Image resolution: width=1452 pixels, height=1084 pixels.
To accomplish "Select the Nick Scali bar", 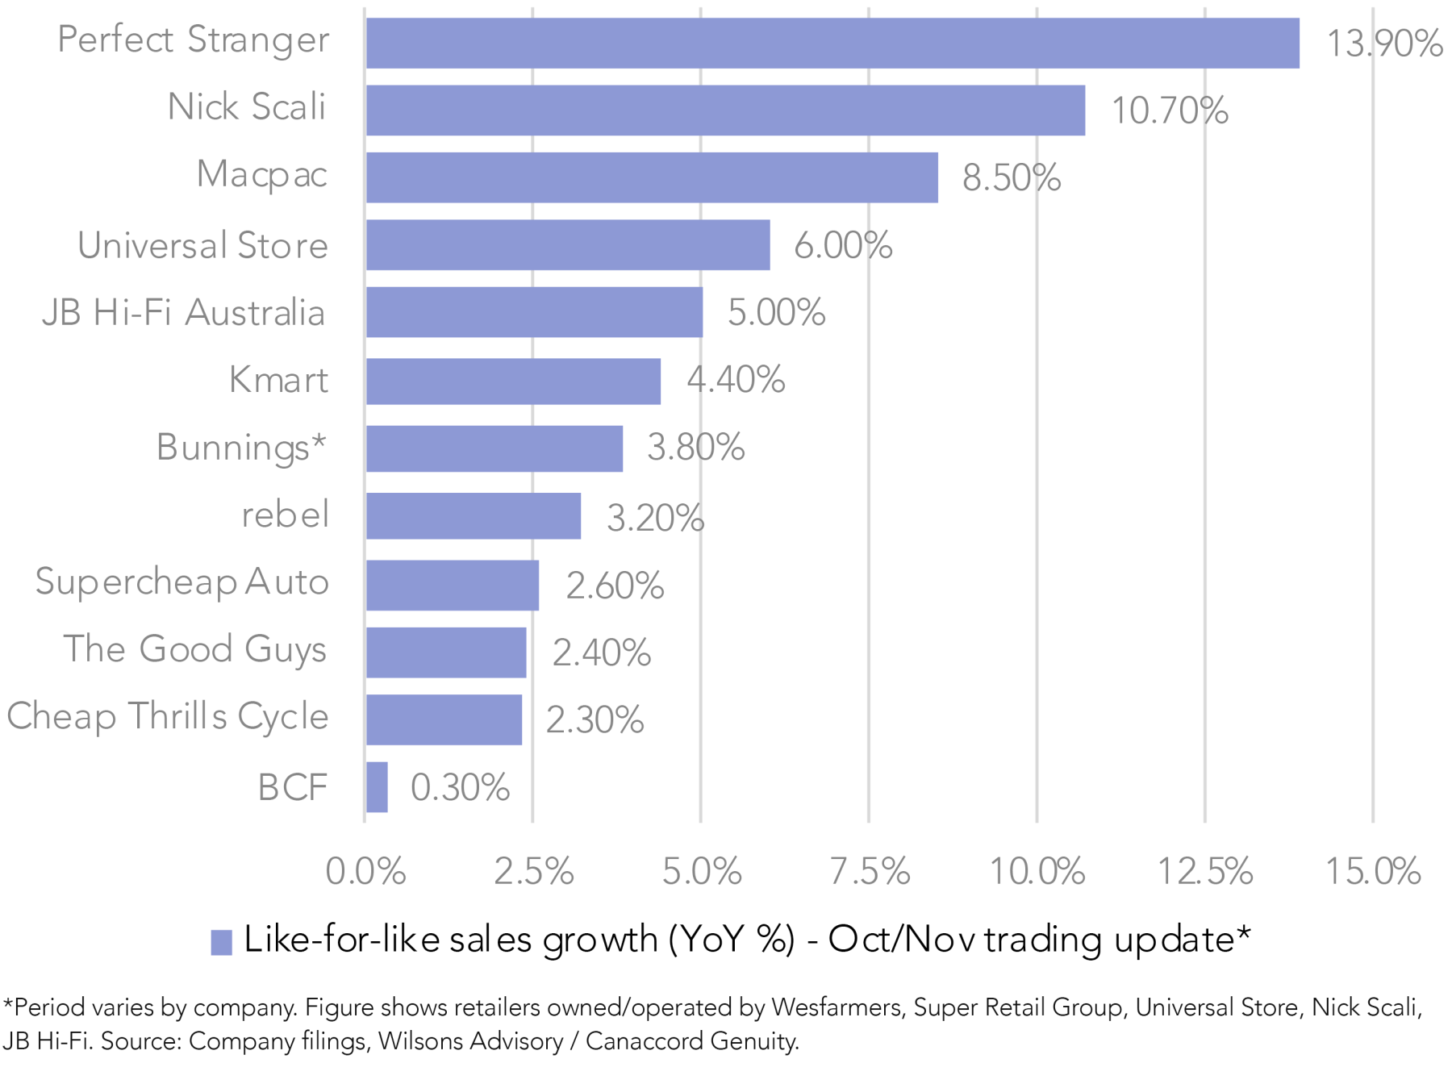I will pos(724,110).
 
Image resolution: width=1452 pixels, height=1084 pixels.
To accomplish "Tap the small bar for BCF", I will pos(377,787).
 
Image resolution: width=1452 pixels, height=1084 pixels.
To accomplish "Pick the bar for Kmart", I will pos(513,381).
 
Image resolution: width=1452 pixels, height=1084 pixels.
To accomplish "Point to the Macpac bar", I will pos(651,177).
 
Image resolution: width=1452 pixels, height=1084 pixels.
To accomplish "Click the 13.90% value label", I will pos(1384,44).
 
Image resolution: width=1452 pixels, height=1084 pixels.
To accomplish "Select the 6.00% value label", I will pos(843,245).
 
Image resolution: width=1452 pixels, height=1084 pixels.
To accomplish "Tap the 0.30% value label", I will pos(460,788).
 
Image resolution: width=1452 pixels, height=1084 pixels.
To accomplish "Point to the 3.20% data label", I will pos(655,518).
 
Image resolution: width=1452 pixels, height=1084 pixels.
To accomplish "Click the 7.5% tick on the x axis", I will pos(870,872).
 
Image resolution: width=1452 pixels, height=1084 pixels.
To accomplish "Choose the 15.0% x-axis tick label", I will pos(1373,872).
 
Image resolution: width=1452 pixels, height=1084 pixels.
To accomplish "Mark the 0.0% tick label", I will pos(365,872).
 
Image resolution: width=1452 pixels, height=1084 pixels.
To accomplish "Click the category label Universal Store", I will pos(202,245).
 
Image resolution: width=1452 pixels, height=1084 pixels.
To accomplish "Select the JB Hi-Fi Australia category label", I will pos(183,313).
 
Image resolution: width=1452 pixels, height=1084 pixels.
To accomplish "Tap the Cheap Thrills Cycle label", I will pos(168,717).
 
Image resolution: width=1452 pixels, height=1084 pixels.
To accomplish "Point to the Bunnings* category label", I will pos(241,448).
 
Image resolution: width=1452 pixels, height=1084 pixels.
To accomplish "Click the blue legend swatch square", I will pos(221,942).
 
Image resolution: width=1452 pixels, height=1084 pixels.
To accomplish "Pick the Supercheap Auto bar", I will pos(452,585).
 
